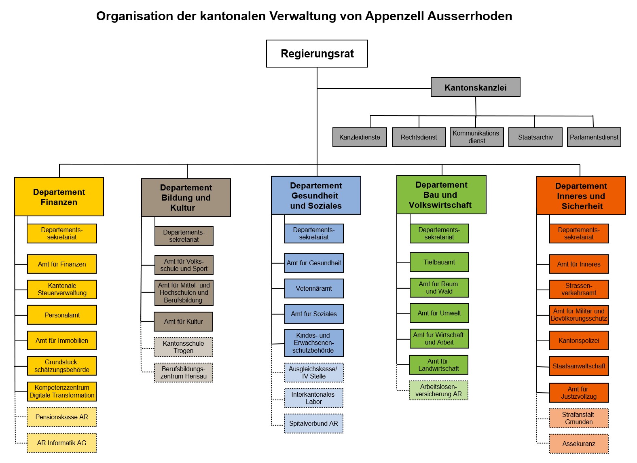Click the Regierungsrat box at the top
317,53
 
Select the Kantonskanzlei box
475,87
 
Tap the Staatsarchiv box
535,137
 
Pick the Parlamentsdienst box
594,137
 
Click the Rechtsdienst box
419,137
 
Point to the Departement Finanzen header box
59,197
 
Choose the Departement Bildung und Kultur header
186,198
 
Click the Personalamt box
62,315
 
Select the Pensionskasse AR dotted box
62,417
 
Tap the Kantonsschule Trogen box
184,347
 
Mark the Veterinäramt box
314,288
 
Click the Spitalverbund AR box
313,423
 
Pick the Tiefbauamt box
439,262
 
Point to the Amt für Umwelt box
439,313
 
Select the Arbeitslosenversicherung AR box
438,390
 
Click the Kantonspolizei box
579,340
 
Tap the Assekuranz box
579,444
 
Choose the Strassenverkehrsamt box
579,289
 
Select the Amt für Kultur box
184,321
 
